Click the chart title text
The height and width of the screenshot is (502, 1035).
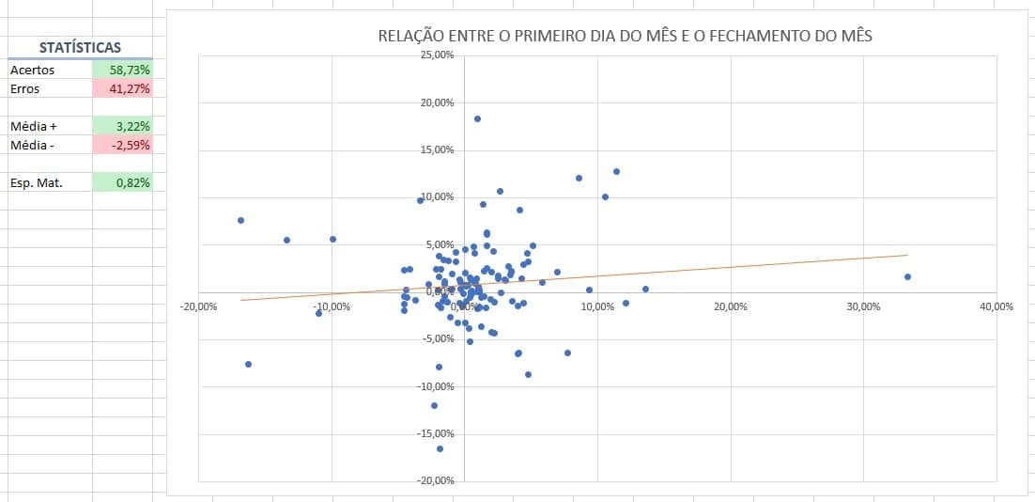[625, 37]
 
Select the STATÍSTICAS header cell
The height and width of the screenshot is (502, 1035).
[80, 48]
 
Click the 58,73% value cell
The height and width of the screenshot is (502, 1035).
[123, 70]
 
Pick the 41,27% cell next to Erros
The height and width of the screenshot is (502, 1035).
[123, 88]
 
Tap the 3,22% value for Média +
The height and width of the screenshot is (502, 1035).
[123, 126]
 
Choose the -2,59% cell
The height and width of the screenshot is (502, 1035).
[123, 145]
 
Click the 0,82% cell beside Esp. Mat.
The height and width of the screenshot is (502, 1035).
[123, 182]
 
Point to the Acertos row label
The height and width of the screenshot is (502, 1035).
[33, 70]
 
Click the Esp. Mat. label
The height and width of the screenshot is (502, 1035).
[37, 182]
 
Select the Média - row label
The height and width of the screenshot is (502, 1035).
[34, 145]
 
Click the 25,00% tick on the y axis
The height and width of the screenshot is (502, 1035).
[438, 55]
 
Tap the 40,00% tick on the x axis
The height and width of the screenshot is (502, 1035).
[996, 306]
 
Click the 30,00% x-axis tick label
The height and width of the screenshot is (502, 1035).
[863, 306]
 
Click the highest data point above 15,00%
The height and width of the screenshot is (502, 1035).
[477, 118]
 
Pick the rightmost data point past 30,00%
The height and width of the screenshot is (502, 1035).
[907, 276]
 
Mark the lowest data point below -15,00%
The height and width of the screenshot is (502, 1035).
[440, 448]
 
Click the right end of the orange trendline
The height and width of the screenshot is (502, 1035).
[906, 255]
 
